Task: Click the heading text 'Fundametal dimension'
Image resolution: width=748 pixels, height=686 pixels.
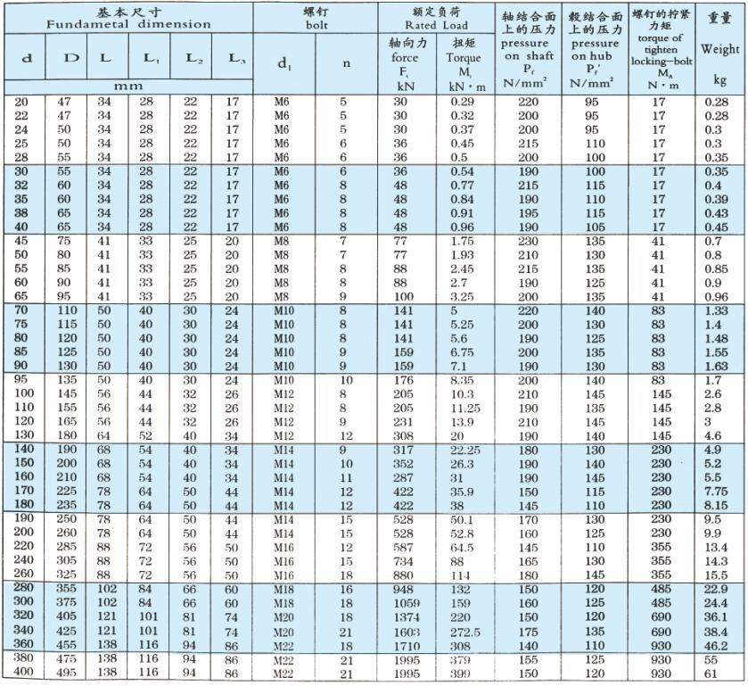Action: point(129,24)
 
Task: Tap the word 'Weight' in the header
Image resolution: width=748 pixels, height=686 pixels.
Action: point(720,49)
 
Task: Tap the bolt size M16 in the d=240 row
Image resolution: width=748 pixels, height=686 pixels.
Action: point(283,561)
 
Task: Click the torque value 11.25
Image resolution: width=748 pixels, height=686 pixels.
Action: point(463,407)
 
